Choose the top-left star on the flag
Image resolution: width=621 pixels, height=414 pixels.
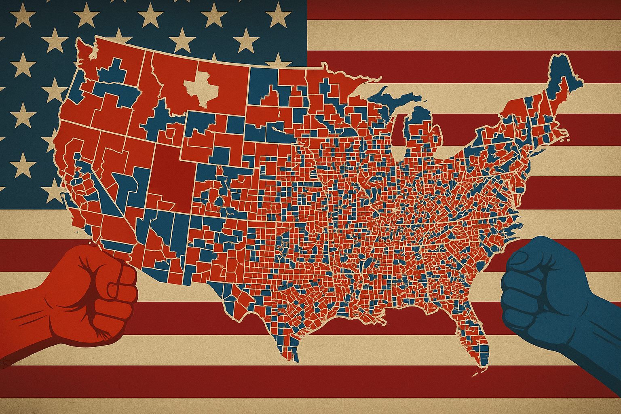[x=22, y=16]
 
